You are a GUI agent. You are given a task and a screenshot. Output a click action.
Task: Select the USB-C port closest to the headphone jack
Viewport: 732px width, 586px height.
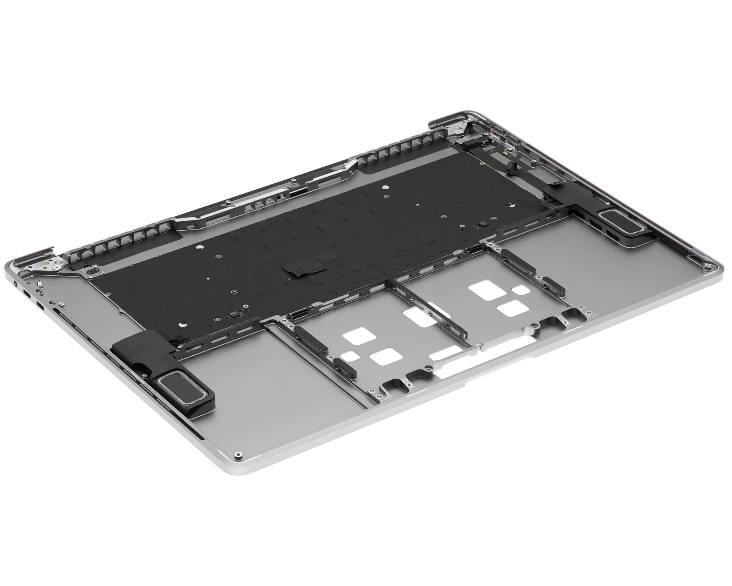[x=26, y=294]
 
